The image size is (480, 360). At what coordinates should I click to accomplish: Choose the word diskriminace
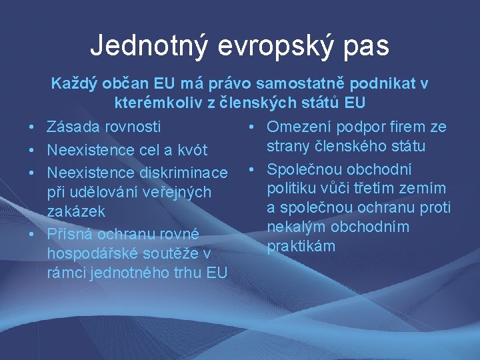click(x=183, y=173)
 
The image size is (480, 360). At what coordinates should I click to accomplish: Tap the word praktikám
click(x=301, y=247)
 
